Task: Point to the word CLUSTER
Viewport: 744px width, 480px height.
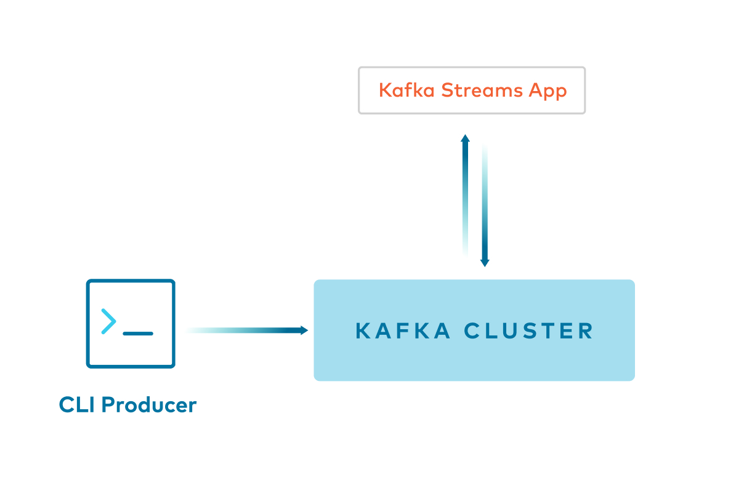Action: pos(528,331)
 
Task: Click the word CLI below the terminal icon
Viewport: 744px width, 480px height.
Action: pos(77,405)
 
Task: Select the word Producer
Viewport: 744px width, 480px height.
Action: pos(148,405)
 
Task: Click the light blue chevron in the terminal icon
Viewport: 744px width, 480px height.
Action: pos(109,322)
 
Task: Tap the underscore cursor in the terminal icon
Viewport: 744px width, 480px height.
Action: pos(137,334)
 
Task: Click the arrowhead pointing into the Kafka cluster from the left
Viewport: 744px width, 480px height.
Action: pos(304,330)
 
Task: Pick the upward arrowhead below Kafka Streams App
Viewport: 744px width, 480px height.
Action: pos(466,138)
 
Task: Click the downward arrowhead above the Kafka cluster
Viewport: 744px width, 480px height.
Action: pos(485,263)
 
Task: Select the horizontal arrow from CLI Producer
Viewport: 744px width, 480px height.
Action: pos(246,330)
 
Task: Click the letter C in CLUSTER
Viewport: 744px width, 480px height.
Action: pos(471,331)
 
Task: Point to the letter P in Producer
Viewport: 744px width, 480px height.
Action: pos(107,405)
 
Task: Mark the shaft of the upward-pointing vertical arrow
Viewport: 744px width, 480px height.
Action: pos(466,197)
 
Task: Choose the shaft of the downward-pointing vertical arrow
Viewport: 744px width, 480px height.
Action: pos(485,203)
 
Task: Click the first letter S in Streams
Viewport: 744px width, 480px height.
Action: pos(443,90)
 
